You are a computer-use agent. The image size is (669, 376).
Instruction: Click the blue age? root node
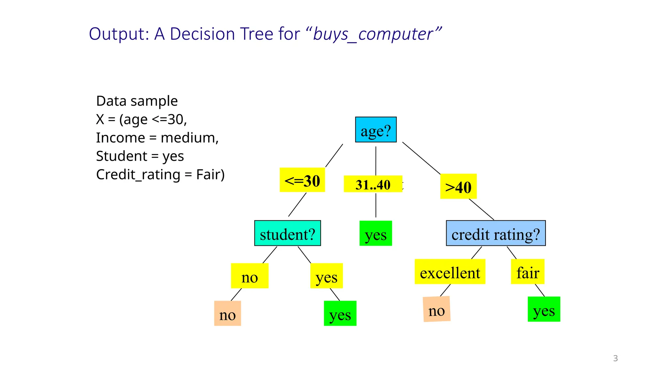tap(376, 130)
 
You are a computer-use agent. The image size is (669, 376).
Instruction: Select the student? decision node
tap(287, 233)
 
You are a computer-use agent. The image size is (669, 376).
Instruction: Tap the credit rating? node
tap(496, 233)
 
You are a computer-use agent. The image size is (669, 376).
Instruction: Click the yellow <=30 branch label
tap(302, 180)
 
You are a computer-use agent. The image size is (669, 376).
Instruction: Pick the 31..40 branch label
tap(373, 184)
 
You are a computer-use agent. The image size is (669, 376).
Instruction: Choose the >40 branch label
tap(458, 186)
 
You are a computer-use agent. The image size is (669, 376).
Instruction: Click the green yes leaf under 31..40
tap(376, 233)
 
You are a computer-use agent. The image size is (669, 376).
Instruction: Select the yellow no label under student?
tap(250, 276)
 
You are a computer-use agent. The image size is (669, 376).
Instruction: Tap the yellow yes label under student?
tap(326, 276)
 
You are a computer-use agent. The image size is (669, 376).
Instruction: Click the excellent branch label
tap(450, 272)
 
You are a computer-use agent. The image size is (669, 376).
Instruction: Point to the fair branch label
tap(528, 272)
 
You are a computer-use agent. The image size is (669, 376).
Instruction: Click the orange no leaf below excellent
tap(436, 309)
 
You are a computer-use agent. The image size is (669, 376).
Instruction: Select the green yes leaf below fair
tap(544, 309)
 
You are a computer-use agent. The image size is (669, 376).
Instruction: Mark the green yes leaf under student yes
tap(340, 313)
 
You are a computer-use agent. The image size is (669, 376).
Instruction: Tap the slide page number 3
tap(615, 358)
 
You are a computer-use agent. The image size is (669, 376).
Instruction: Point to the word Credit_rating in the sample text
tap(138, 175)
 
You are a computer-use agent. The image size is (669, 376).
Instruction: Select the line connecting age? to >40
tap(421, 158)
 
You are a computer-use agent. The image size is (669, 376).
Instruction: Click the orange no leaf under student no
tap(227, 313)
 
